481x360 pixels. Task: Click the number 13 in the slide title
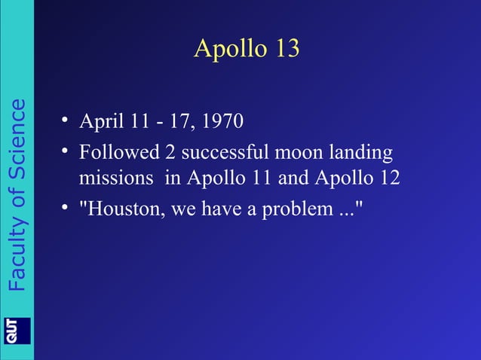[285, 49]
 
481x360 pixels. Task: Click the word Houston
[124, 207]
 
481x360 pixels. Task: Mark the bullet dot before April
[66, 121]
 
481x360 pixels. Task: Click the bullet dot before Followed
[66, 153]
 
